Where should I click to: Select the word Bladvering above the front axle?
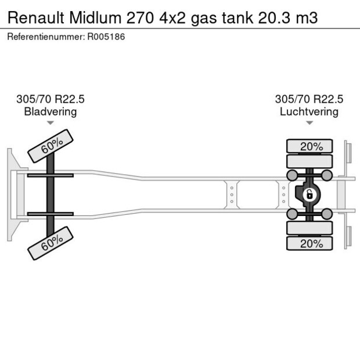pos(50,111)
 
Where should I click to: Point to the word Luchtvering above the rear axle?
pos(309,111)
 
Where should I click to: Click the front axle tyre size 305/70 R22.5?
pos(50,99)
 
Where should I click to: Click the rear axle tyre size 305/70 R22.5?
pos(309,99)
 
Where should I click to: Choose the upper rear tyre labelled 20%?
pos(311,146)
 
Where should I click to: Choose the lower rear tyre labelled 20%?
pos(311,243)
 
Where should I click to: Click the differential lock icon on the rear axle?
pos(310,194)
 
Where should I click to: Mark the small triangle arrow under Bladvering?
pos(50,123)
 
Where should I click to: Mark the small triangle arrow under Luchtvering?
pos(309,123)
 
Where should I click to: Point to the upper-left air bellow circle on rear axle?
pos(293,175)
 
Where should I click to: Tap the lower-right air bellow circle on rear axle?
pos(327,214)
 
